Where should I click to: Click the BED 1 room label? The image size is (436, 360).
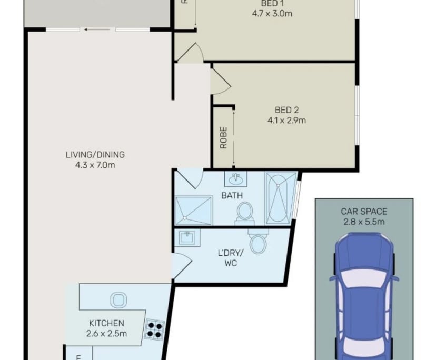[272, 4]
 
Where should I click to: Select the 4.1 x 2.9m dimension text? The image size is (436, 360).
[287, 120]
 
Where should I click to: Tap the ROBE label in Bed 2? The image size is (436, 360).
[223, 137]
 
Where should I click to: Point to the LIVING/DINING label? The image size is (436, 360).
[95, 155]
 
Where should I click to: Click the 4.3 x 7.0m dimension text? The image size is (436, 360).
[95, 165]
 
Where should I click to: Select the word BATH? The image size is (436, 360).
[232, 195]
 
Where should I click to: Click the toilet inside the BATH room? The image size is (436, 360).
[245, 213]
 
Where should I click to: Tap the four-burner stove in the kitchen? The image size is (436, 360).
[155, 329]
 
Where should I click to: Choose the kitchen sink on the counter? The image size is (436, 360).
[117, 301]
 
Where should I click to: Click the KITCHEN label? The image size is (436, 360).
[106, 323]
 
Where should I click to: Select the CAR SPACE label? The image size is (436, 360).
[363, 212]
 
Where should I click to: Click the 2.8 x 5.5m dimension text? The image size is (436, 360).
[363, 222]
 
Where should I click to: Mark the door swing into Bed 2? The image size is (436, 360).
[220, 82]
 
